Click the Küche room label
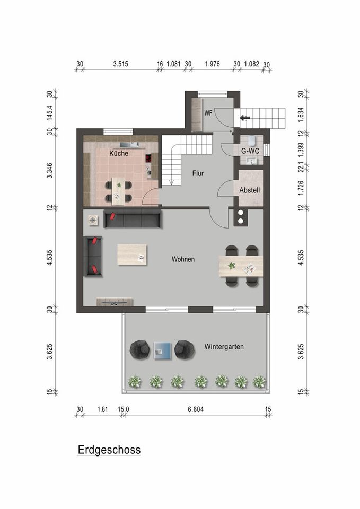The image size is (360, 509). [119, 154]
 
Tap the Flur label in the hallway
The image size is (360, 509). [198, 173]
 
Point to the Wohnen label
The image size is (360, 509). [183, 260]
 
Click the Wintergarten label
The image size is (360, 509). [224, 347]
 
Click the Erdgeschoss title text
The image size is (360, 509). [109, 450]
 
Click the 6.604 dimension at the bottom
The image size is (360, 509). [196, 409]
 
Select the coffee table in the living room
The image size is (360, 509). [133, 254]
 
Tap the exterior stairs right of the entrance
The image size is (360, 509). [268, 117]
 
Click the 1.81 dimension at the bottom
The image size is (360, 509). [103, 409]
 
